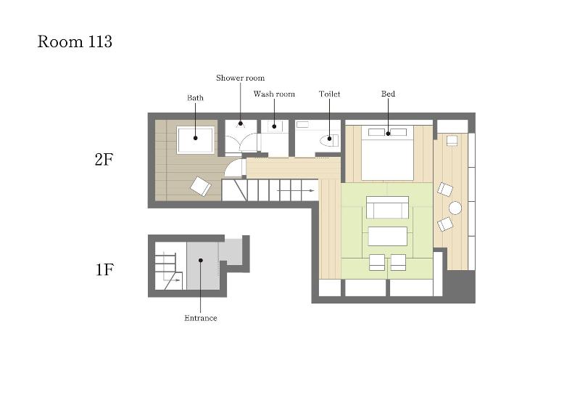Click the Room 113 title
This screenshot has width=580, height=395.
75,41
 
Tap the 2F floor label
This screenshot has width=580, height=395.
104,160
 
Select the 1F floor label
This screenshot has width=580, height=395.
104,269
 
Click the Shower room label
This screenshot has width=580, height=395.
241,78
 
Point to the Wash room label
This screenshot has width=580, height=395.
274,94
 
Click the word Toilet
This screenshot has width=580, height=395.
330,94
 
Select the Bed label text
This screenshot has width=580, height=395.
388,94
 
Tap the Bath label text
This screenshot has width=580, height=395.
195,98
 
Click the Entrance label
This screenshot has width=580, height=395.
201,318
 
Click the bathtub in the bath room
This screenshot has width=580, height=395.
196,140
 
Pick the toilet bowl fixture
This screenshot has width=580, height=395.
330,140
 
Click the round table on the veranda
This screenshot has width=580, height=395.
455,208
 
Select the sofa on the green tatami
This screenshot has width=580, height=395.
387,207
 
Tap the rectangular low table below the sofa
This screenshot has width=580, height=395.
388,236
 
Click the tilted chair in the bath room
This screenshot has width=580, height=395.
201,186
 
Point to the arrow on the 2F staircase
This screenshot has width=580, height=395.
296,190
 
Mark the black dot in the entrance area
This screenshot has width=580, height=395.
201,260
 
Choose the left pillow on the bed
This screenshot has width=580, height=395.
376,132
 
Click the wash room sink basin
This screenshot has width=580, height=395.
274,126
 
